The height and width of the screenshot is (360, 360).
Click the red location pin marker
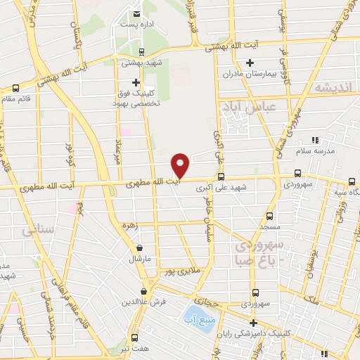pos(181,165)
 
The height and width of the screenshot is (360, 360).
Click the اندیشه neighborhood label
pos(332,89)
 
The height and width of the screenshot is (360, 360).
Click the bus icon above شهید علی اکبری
pos(221,176)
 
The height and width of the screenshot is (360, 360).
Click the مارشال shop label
pos(139,259)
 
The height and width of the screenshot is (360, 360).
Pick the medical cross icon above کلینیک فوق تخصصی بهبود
pos(135,82)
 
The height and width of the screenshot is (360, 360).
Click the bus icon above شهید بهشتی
pos(141,51)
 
